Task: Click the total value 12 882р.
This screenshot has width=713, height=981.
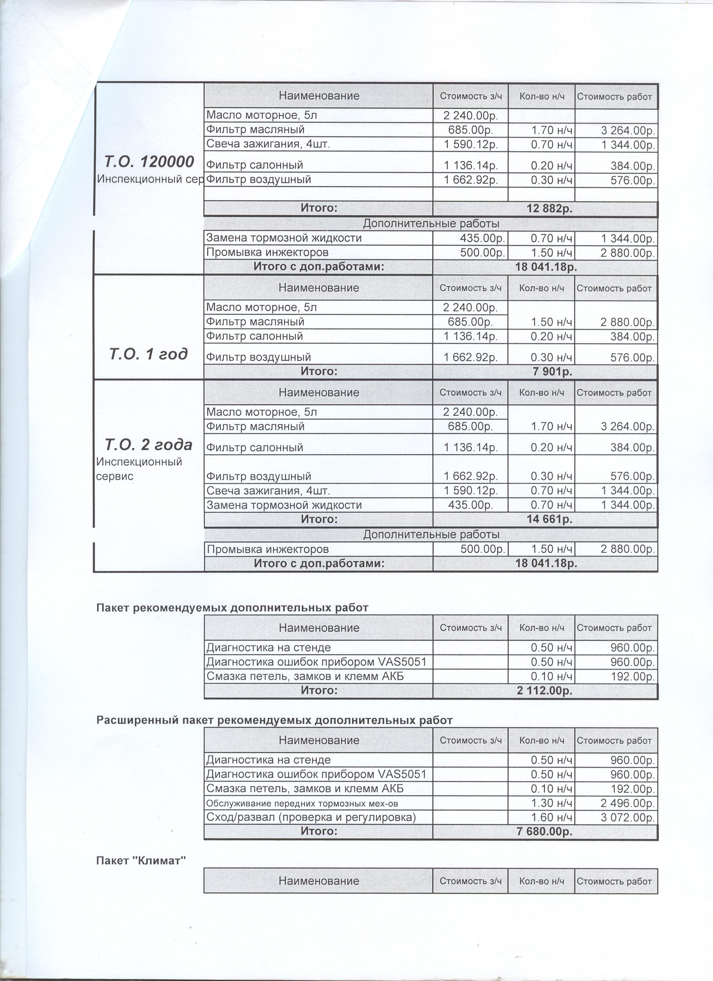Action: point(549,209)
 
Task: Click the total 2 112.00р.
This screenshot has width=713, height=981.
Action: point(544,691)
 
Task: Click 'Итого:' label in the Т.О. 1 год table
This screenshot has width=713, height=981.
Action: point(318,371)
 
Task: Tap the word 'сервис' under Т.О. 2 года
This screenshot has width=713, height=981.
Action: point(114,476)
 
